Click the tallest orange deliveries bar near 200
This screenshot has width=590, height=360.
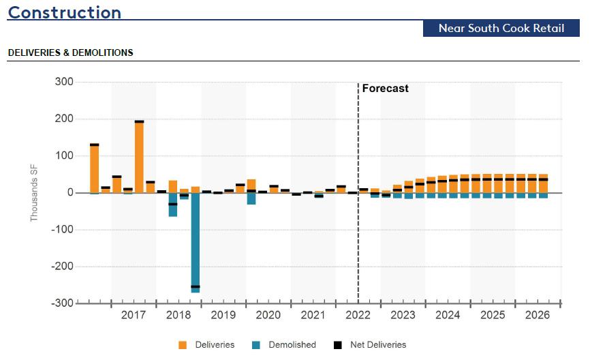tap(139, 157)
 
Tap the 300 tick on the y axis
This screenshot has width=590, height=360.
tap(65, 82)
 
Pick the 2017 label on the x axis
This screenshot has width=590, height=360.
tap(134, 316)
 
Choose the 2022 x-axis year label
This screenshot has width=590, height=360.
tap(358, 316)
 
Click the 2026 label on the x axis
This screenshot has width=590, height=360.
tap(538, 316)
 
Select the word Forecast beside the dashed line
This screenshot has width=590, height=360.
tap(385, 89)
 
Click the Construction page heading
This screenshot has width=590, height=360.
tap(65, 12)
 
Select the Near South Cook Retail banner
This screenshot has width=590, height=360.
tap(501, 28)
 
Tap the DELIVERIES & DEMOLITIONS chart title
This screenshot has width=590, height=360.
tap(70, 52)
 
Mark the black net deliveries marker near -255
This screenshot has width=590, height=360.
tap(196, 287)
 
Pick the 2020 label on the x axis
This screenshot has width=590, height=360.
tap(268, 316)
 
